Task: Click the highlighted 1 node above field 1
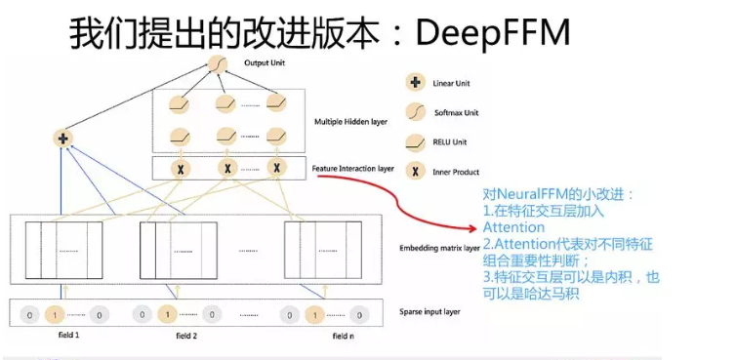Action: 55,314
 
